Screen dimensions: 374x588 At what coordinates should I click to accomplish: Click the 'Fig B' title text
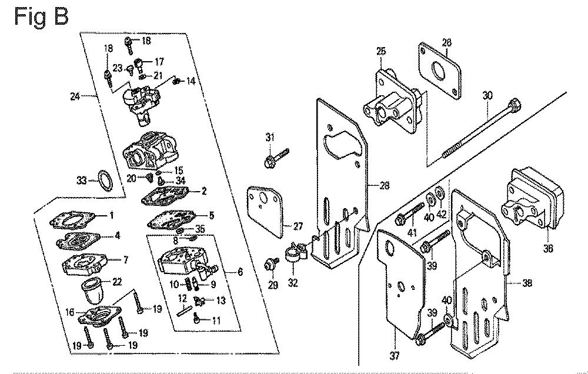pyautogui.click(x=41, y=17)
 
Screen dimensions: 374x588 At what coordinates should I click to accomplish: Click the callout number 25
pyautogui.click(x=381, y=52)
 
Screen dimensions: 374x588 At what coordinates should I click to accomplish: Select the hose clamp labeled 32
pyautogui.click(x=292, y=255)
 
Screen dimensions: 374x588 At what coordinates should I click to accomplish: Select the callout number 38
pyautogui.click(x=527, y=282)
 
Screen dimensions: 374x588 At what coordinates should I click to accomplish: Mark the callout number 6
pyautogui.click(x=240, y=272)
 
